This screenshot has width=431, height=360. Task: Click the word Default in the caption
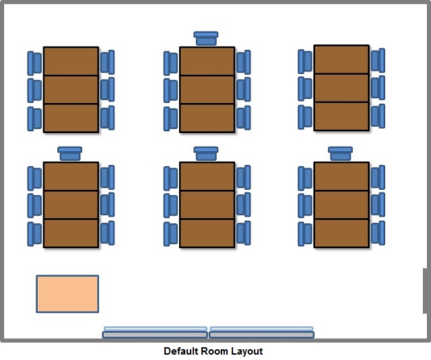coord(181,351)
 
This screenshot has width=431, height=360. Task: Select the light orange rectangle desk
coord(67,294)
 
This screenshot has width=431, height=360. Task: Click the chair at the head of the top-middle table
coord(206,38)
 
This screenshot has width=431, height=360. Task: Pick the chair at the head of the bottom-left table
coord(70,153)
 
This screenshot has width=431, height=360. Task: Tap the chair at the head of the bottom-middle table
coord(206,153)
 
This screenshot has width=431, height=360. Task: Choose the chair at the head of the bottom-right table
coord(340,153)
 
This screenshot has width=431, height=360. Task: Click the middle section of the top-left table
coord(71,89)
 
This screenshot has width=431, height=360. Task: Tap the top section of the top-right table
coord(341,60)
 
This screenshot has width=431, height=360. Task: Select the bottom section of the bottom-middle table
coord(207,233)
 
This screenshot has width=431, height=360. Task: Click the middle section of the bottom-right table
coord(341,205)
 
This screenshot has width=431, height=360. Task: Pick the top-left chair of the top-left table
coord(34,63)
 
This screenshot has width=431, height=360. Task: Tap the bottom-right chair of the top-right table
coord(378,116)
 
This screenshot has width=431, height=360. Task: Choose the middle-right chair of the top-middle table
coord(244,89)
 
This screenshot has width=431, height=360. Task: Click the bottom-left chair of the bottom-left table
coord(34,234)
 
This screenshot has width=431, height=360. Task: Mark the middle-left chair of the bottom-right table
coord(305,206)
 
